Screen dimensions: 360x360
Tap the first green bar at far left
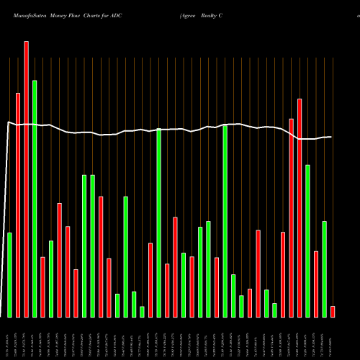9,274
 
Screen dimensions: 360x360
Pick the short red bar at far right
333,311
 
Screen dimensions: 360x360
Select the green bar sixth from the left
117,305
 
